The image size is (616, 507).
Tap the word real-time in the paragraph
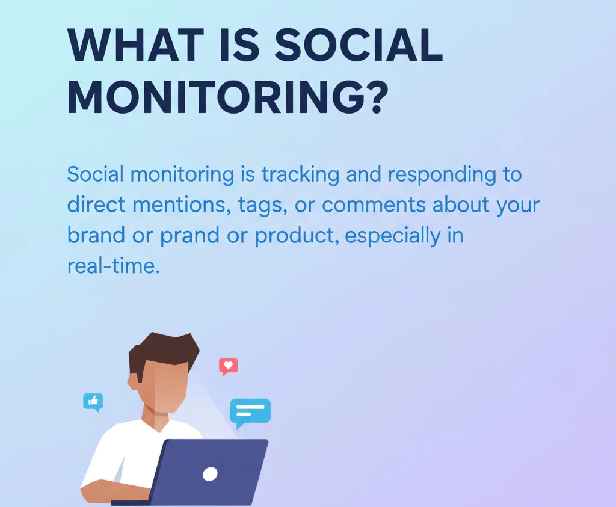pyautogui.click(x=113, y=265)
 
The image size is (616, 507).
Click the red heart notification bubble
pyautogui.click(x=228, y=366)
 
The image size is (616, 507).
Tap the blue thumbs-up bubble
pyautogui.click(x=93, y=401)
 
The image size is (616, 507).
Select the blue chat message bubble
pyautogui.click(x=250, y=411)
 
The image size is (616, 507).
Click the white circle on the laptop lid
pyautogui.click(x=210, y=474)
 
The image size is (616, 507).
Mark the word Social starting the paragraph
pyautogui.click(x=96, y=175)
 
